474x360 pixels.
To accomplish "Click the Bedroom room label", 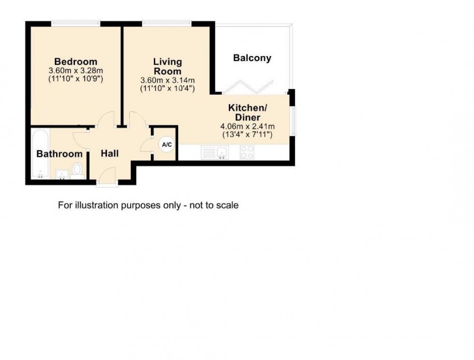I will (x=75, y=62).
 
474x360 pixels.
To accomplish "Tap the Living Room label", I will (x=167, y=66).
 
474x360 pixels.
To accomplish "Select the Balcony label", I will (x=252, y=58).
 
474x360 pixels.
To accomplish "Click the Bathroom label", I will (x=59, y=154).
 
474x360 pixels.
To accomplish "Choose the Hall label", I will (x=110, y=154).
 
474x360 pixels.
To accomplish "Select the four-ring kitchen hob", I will (x=247, y=153).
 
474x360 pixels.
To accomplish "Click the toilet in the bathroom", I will (x=77, y=170).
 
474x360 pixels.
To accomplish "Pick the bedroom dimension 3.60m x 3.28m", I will (x=75, y=71).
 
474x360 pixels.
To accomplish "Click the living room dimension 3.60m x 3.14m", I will (x=167, y=80).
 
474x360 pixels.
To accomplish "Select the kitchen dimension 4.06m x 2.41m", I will (x=247, y=127).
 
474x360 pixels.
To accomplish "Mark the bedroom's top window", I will (x=76, y=22).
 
